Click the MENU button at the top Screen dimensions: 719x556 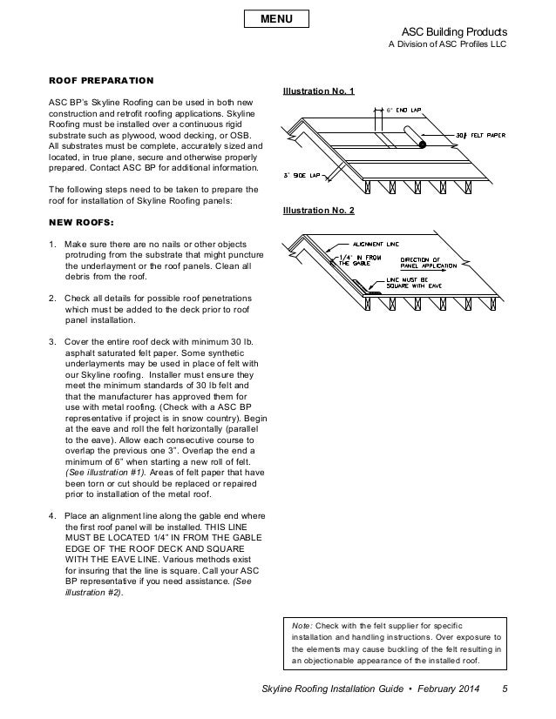(278, 18)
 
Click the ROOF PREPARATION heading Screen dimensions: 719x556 (101, 80)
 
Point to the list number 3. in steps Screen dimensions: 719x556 (52, 339)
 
